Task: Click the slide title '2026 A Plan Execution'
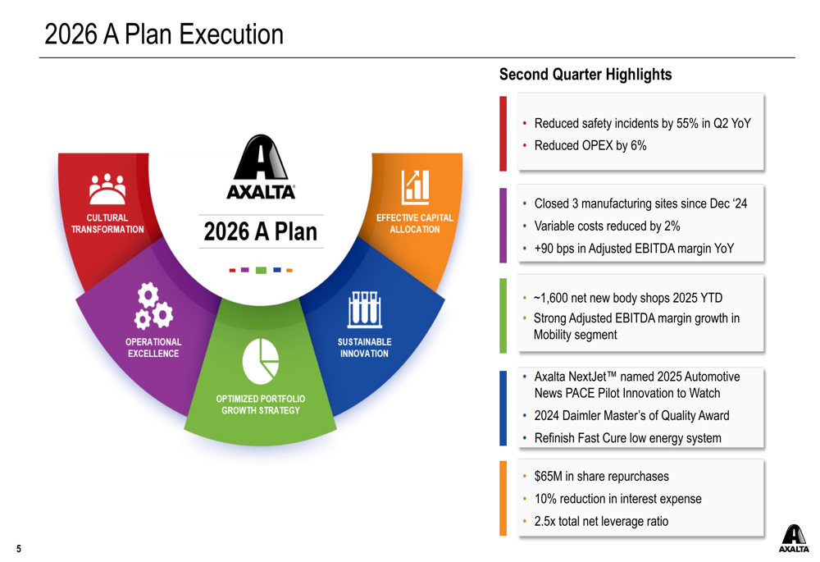coord(163,35)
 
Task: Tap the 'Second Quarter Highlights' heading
coord(585,75)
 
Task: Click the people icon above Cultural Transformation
coord(107,190)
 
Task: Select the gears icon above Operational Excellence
coord(153,305)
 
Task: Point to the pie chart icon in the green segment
coord(261,361)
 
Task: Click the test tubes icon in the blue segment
coord(364,309)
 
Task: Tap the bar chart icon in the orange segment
coord(414,188)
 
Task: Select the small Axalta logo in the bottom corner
coord(793,538)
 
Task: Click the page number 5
coord(18,549)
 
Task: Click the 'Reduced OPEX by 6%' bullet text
coord(590,146)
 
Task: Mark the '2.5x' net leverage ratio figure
coord(546,521)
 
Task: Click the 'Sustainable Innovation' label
coord(364,348)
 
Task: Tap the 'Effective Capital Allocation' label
coord(414,223)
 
